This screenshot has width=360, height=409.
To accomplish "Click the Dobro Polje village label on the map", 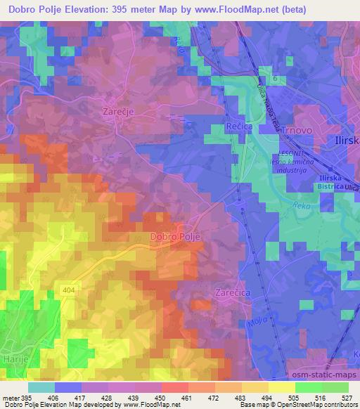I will [176, 238].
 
